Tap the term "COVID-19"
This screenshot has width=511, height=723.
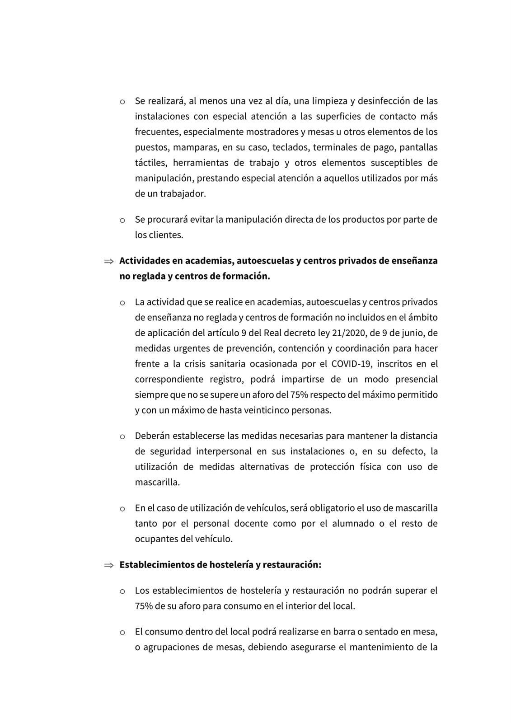350,364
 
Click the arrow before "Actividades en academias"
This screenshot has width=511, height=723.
108,261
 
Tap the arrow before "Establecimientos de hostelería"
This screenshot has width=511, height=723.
108,565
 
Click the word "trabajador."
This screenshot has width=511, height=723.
183,194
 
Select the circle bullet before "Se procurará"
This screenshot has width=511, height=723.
122,221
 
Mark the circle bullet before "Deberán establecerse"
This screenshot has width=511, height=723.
122,437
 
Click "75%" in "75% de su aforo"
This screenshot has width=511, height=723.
143,606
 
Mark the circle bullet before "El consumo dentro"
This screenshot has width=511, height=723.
122,632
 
